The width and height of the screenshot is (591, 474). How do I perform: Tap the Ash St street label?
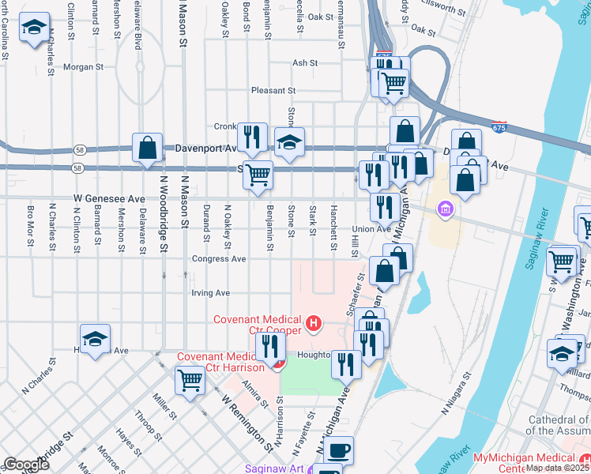coord(304,63)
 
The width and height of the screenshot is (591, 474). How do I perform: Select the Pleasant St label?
coord(273,91)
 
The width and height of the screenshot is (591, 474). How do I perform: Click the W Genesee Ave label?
coord(110,199)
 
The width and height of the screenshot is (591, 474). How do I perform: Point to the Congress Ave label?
coord(219,258)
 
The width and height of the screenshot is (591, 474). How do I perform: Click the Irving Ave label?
coord(210,293)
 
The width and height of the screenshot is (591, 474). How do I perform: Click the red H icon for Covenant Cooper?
coord(314,322)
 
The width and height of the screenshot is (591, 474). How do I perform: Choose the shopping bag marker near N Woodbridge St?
coord(148,147)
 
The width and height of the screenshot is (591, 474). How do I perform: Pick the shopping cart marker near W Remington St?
coord(190,381)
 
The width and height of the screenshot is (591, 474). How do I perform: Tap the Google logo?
coord(26,465)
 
